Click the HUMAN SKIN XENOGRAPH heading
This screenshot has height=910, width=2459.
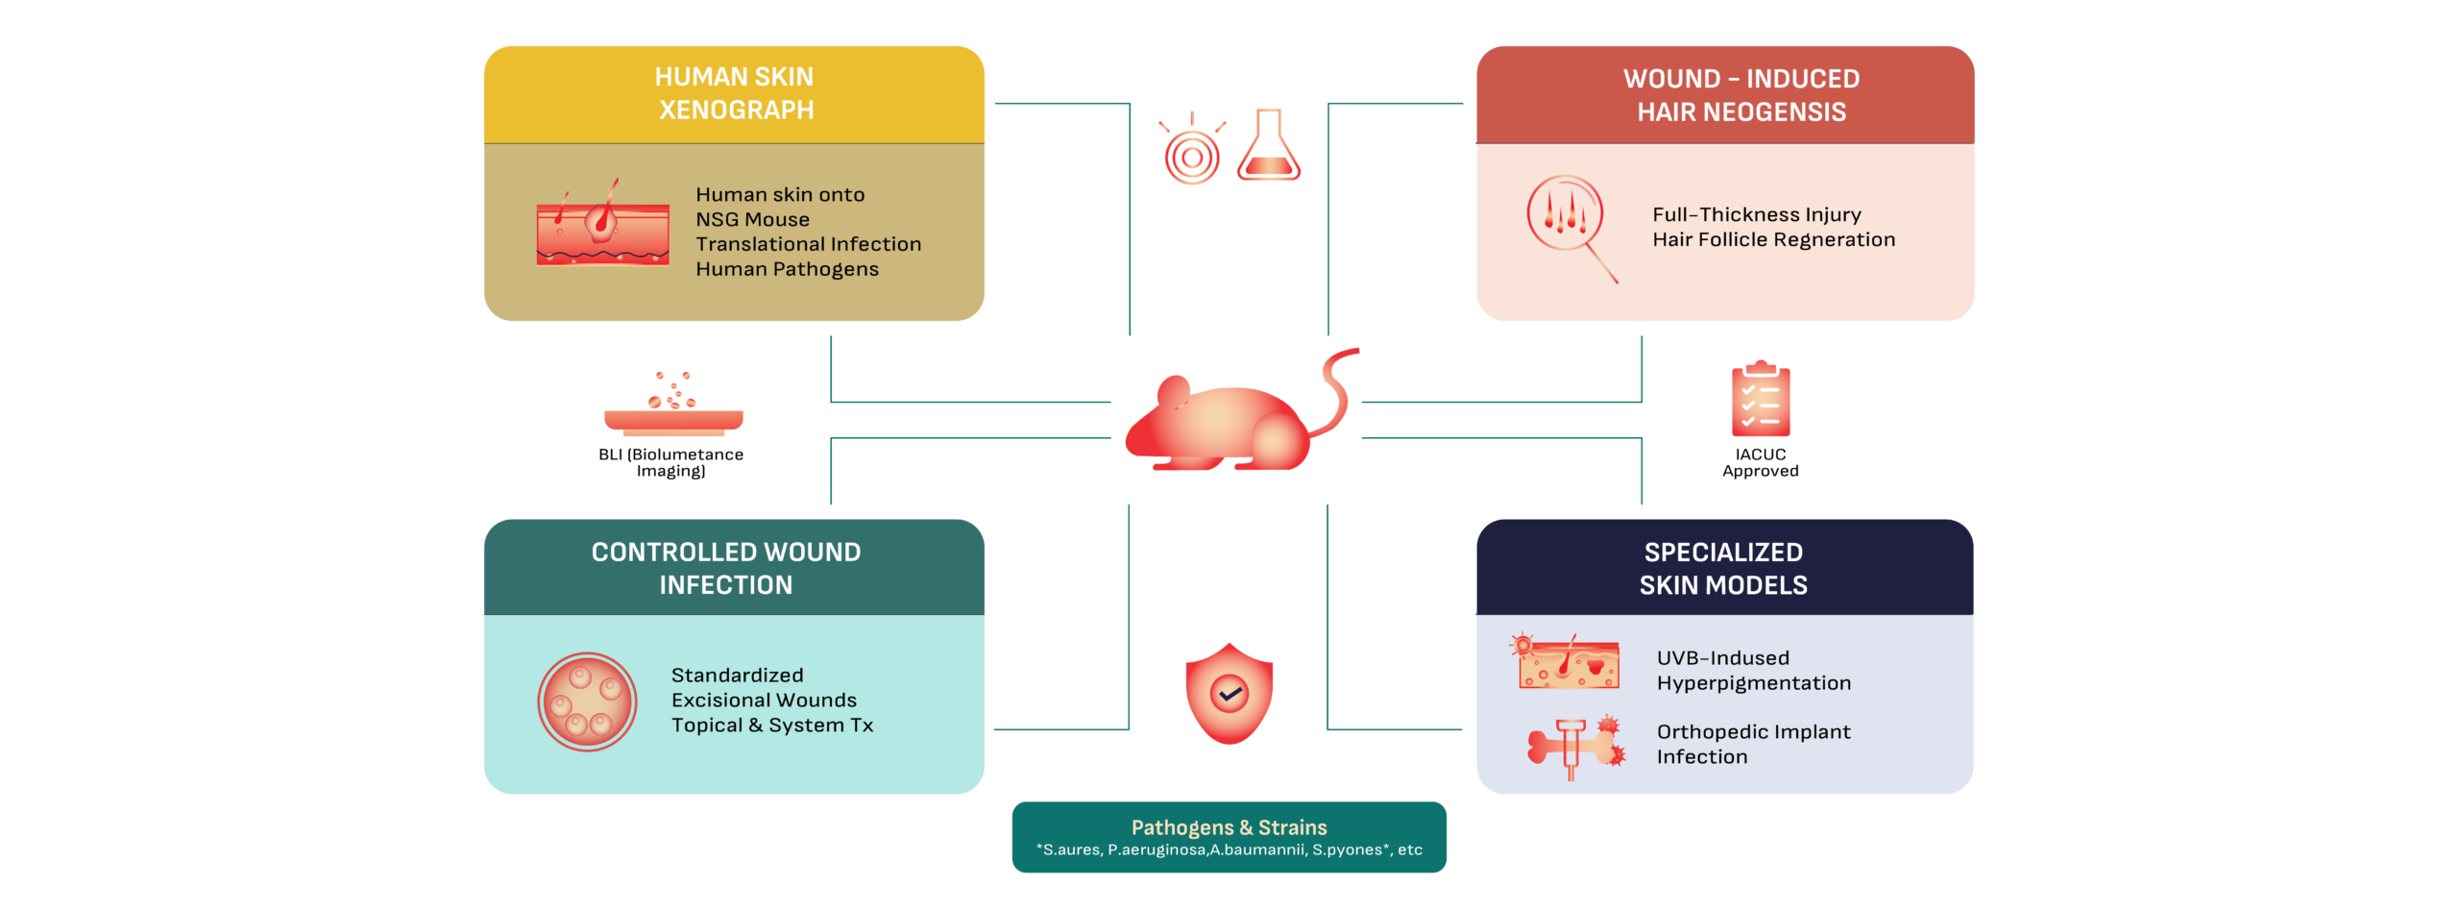point(735,93)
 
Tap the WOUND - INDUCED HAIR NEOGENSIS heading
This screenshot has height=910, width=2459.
point(1741,95)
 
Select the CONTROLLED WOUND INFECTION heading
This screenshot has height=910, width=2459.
point(726,568)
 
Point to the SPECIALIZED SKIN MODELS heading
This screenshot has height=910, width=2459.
point(1723,568)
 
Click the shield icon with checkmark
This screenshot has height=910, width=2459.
point(1229,693)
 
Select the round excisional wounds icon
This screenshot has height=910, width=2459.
point(587,701)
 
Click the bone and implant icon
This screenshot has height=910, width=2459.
point(1576,746)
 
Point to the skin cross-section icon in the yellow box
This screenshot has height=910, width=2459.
point(602,227)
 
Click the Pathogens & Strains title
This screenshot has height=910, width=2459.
point(1229,827)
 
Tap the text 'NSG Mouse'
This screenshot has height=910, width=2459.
point(752,220)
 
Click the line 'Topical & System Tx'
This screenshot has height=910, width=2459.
point(772,726)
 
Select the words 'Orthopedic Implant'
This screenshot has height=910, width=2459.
point(1753,732)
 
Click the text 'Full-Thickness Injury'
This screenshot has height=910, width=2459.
point(1757,215)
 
